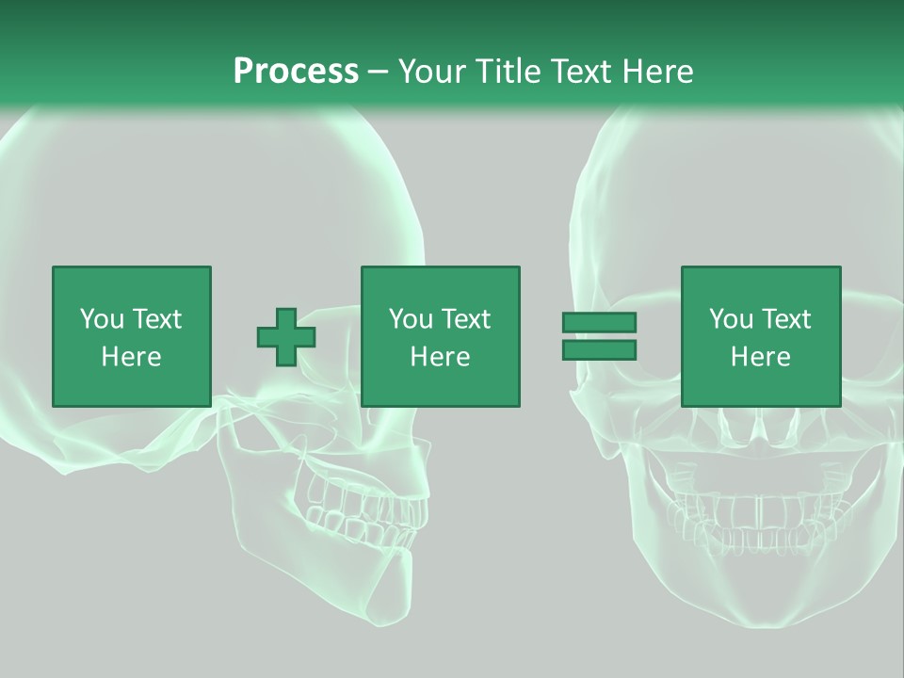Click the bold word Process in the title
coord(296,72)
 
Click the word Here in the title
coord(656,72)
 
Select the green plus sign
coord(286,336)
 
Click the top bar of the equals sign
coord(599,323)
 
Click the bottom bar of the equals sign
coord(599,349)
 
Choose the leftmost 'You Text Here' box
coord(131,336)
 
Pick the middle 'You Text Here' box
coord(440,336)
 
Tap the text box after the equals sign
coord(760,336)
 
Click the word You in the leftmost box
coord(101,319)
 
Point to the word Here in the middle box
coord(440,357)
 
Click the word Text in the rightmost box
coord(786,319)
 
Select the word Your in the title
coord(435,72)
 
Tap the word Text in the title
coord(579,72)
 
